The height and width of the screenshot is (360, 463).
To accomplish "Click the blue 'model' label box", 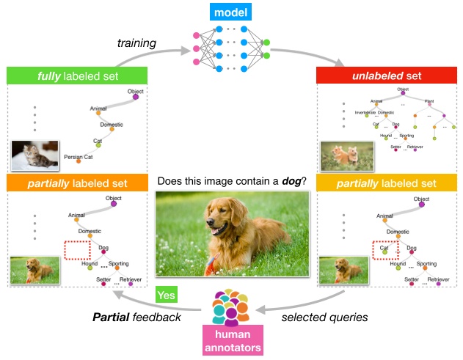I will point(231,12).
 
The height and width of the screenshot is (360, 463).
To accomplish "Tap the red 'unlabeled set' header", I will point(387,75).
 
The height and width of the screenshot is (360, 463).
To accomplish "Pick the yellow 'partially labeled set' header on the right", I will point(387,183).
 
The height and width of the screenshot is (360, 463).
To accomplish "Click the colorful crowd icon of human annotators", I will point(230,307).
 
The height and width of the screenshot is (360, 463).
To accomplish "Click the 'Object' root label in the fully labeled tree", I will point(135,92).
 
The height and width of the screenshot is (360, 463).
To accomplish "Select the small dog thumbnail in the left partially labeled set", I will point(34,269).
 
